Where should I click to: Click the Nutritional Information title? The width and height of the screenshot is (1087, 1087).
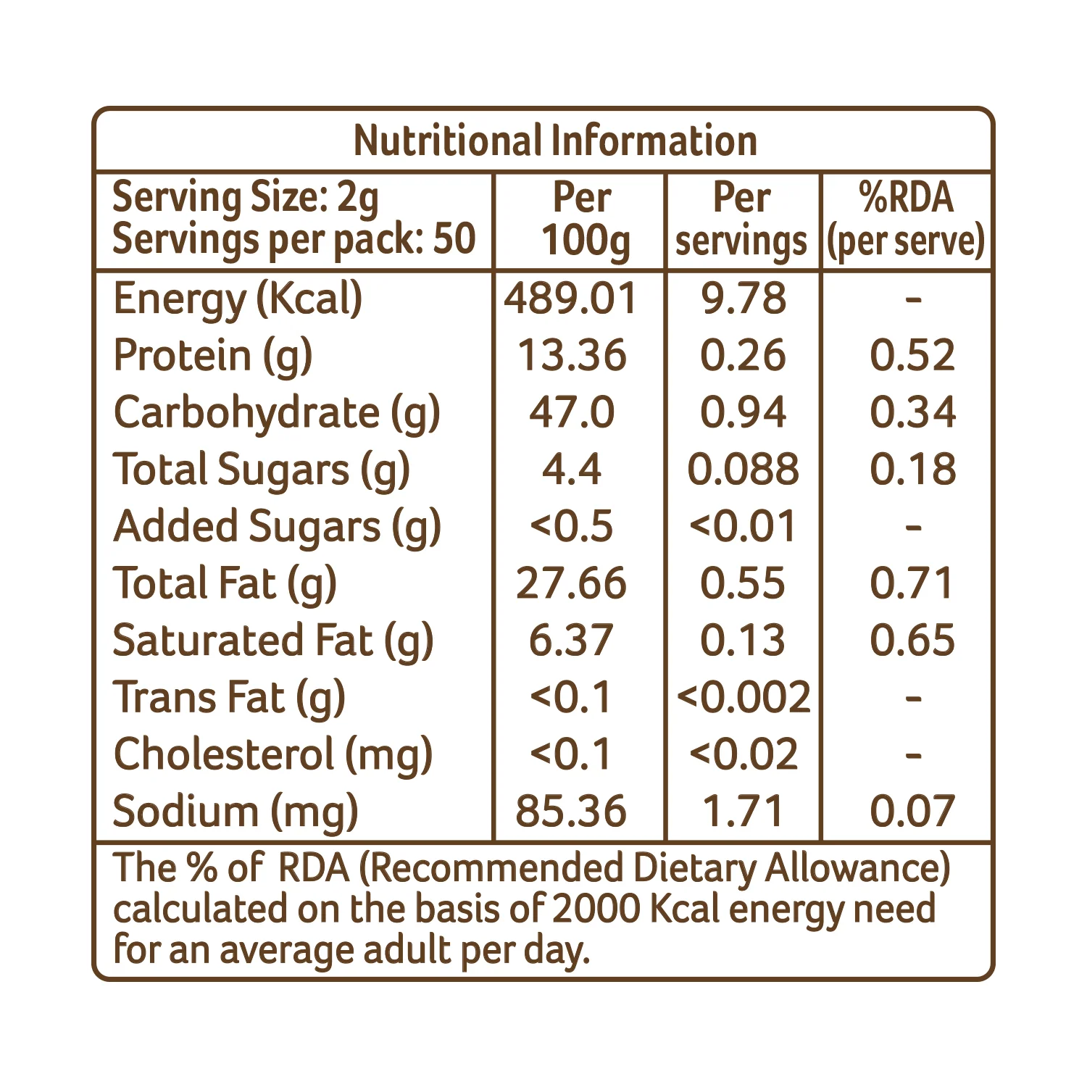tap(555, 141)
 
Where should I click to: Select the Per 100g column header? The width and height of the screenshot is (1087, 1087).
tap(583, 220)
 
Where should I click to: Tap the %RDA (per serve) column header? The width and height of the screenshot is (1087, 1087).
tap(906, 220)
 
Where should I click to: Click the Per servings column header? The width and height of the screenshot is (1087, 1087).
tap(741, 220)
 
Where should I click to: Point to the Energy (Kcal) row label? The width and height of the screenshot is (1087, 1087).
tap(238, 299)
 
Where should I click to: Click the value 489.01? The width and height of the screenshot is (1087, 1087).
tap(571, 299)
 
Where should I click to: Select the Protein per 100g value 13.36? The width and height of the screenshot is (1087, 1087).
tap(571, 355)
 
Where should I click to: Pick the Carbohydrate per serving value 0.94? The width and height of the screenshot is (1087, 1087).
tap(743, 412)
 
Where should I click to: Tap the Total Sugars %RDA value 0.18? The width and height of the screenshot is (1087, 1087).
tap(913, 469)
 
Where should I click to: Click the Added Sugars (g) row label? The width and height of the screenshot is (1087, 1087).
tap(278, 527)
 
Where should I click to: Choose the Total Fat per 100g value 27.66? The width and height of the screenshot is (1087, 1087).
tap(571, 583)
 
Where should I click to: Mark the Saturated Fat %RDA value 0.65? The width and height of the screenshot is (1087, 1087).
tap(913, 641)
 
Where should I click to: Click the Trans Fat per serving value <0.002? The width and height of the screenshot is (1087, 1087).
tap(744, 697)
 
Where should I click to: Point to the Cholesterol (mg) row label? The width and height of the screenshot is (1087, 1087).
tap(273, 755)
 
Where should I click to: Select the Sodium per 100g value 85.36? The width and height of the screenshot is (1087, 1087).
tap(571, 811)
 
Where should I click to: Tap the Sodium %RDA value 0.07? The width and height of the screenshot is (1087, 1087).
tap(913, 811)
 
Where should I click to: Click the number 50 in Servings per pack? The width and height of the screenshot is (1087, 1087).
tap(454, 238)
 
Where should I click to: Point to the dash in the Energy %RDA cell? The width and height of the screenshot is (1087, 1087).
tap(914, 299)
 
